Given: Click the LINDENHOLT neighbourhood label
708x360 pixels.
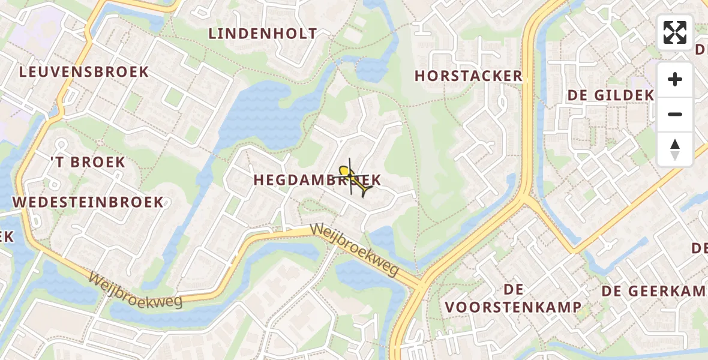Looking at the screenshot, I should tap(263, 34).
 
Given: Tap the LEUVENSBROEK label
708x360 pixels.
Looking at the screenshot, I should tap(84, 72).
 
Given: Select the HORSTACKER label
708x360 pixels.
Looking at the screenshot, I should tap(469, 76).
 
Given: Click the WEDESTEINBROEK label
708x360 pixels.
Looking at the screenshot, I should tap(88, 202).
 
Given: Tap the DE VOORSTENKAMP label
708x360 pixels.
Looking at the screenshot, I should tap(513, 299).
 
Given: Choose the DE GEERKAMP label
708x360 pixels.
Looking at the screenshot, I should tap(654, 291).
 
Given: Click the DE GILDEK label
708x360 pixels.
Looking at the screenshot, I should tap(610, 95).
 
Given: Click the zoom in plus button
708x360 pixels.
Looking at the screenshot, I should tap(675, 79).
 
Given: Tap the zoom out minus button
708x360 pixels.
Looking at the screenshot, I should tap(675, 114).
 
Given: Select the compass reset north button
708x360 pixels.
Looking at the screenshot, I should tap(675, 149).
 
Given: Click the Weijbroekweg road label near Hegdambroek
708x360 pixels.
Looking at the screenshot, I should tap(354, 251).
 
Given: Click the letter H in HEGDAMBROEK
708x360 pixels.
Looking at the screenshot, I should tap(259, 180).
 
